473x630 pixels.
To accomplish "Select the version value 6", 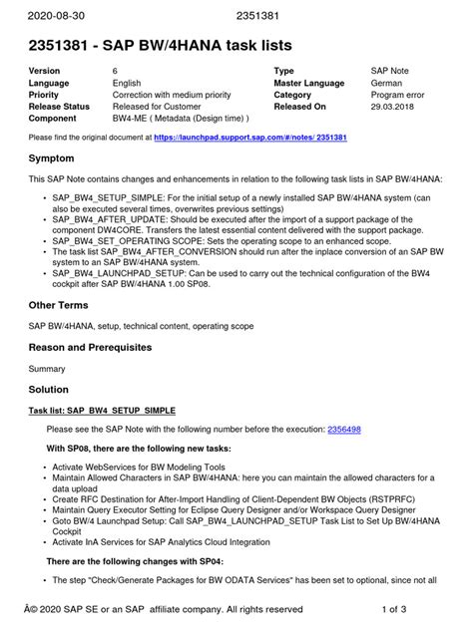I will pyautogui.click(x=116, y=72).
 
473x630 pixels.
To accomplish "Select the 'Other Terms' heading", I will pyautogui.click(x=59, y=304).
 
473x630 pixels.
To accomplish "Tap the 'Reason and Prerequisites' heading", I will pyautogui.click(x=90, y=347).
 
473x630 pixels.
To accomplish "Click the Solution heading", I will pyautogui.click(x=49, y=389).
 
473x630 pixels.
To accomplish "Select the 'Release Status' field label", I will pyautogui.click(x=59, y=106).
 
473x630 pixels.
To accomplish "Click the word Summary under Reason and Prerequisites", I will pyautogui.click(x=47, y=367).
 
